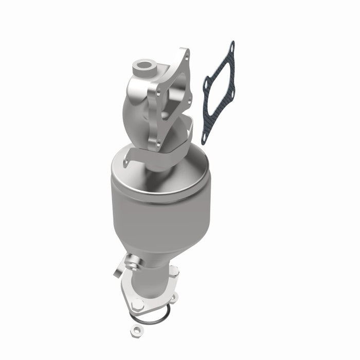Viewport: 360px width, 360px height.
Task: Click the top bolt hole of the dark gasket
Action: (x=231, y=48)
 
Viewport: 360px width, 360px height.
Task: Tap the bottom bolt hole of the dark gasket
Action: (x=204, y=138)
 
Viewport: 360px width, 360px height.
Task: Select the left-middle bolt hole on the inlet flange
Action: (x=158, y=93)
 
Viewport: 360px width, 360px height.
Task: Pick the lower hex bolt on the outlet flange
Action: (x=137, y=304)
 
